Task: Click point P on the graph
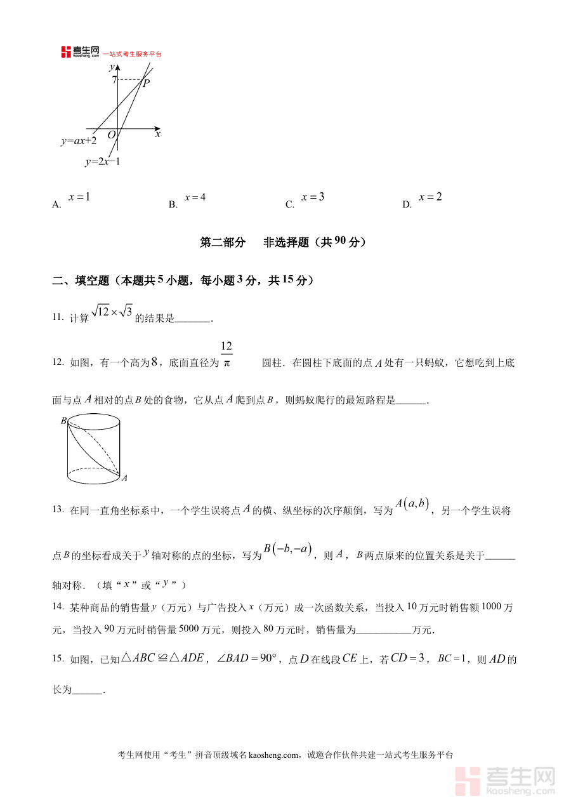click(x=146, y=83)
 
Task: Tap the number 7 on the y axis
click(x=114, y=80)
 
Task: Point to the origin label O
click(x=111, y=135)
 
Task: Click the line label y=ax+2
click(x=79, y=141)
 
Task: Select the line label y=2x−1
click(x=102, y=162)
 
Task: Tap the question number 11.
click(x=57, y=317)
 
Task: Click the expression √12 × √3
click(x=112, y=312)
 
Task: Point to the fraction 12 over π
click(x=226, y=354)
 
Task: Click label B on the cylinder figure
click(x=63, y=420)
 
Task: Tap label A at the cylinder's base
click(x=124, y=478)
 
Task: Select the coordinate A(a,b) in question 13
click(x=413, y=505)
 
